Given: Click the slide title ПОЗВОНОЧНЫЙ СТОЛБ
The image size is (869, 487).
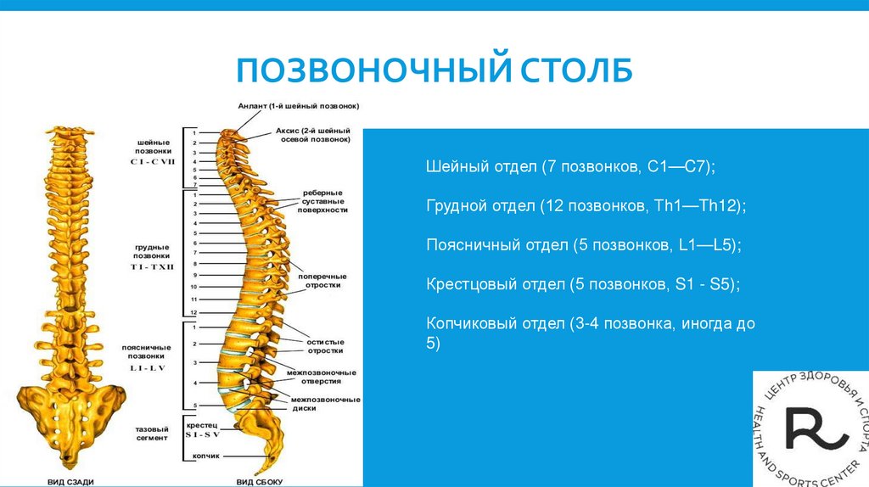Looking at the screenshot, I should point(434,70).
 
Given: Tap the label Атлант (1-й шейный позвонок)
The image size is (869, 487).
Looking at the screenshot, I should point(298,107).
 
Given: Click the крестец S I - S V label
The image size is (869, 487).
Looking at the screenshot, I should point(203,429).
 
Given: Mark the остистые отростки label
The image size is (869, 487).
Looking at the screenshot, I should point(325,346).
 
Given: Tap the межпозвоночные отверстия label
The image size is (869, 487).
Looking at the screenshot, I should point(321,377).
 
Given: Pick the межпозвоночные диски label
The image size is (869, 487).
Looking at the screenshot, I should point(325,403).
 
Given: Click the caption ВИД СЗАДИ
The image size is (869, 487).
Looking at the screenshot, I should point(70,481).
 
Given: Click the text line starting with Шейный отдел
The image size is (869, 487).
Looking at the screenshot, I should point(570,168).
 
